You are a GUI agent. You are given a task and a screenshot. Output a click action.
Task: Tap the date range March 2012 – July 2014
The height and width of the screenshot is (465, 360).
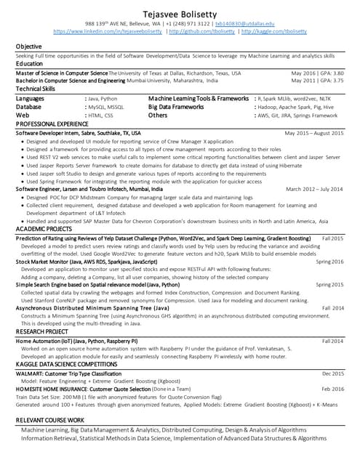coord(315,189)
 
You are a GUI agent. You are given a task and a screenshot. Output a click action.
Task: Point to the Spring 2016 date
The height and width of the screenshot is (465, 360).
coord(329,262)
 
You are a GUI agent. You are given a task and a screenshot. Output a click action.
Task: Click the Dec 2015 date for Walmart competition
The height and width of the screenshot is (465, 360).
coord(332,373)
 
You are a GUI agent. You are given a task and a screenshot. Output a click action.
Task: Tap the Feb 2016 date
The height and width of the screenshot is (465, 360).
coord(332,389)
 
